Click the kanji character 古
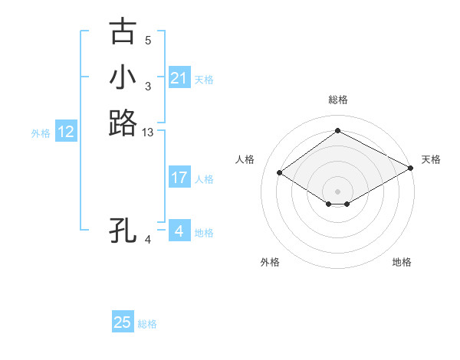click(123, 32)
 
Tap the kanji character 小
click(123, 77)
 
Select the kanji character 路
click(123, 123)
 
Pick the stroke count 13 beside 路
click(148, 133)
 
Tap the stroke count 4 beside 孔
click(148, 240)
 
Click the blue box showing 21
click(179, 78)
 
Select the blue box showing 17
click(179, 178)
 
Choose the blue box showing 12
click(66, 133)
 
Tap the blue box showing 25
click(123, 322)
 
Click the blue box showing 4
click(179, 231)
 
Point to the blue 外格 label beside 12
click(41, 133)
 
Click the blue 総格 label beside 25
click(147, 324)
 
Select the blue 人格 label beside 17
click(204, 179)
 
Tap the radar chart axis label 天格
click(431, 159)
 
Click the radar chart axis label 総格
click(337, 100)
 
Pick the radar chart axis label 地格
click(402, 262)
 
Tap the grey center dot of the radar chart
click(337, 191)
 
